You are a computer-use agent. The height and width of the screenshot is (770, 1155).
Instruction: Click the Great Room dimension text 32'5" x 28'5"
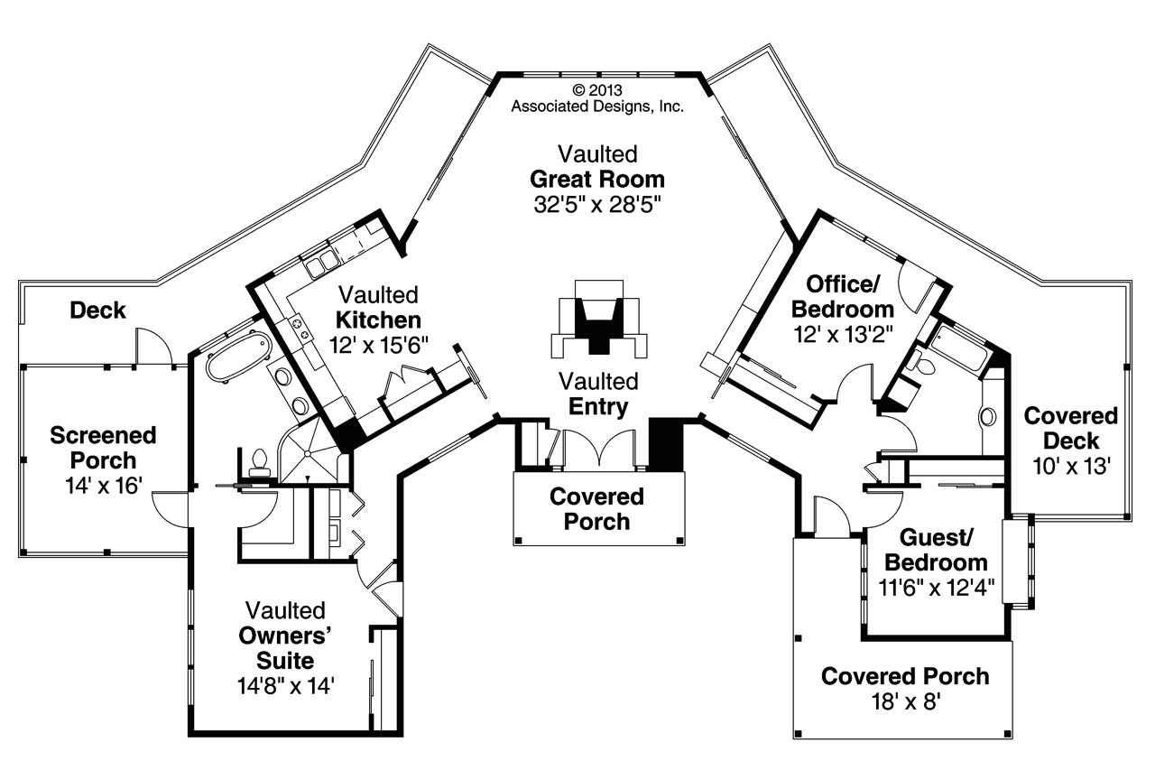click(597, 204)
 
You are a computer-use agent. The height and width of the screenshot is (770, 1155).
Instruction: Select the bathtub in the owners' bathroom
click(238, 355)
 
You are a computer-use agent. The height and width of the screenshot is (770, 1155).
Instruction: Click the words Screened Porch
click(103, 448)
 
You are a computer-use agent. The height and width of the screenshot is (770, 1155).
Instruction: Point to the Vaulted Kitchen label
click(378, 307)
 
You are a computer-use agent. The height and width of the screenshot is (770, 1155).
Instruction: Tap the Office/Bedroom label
click(843, 296)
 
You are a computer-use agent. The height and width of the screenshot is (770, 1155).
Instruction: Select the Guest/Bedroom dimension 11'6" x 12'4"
click(935, 589)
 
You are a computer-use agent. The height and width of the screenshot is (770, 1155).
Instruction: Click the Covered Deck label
click(1071, 429)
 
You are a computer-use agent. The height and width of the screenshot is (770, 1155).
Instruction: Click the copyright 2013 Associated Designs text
click(597, 97)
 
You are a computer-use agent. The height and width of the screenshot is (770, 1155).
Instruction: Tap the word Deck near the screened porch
click(97, 311)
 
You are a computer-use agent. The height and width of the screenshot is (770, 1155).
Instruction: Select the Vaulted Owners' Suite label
click(285, 635)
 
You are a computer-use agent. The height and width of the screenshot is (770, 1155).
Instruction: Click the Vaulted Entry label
click(597, 394)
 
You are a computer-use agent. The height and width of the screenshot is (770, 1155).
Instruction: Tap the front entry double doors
click(598, 449)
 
